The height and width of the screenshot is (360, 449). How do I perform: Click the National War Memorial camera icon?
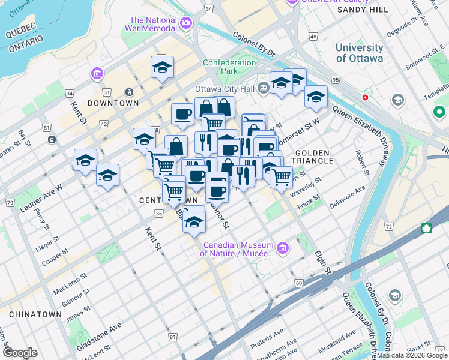click(x=186, y=23)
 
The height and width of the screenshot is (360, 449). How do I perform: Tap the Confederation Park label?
click(x=229, y=67)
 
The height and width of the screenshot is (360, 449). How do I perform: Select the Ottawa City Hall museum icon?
click(x=264, y=89)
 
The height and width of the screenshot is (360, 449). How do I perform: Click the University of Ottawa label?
click(x=360, y=53)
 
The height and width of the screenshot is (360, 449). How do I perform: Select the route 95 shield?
click(x=334, y=80)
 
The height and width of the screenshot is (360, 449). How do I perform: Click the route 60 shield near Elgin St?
click(x=298, y=283)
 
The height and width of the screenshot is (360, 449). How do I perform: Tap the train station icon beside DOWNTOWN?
click(x=128, y=92)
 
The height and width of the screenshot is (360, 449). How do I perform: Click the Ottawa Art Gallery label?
click(x=323, y=2)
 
